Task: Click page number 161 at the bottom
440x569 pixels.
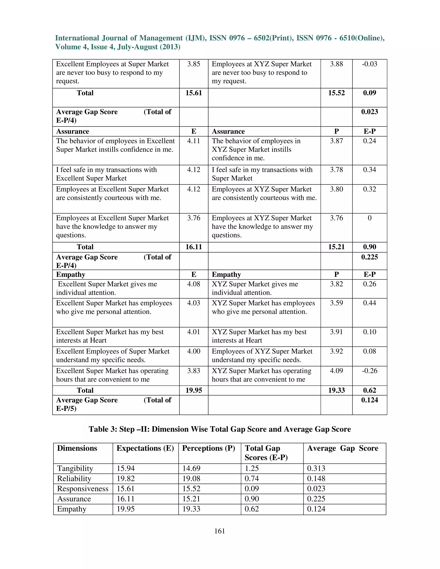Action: (x=220, y=531)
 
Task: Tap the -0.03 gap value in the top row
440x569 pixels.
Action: (x=369, y=64)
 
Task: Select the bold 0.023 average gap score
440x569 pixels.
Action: (x=369, y=112)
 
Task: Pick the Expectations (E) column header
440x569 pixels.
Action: (x=145, y=448)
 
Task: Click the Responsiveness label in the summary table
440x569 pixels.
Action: (x=83, y=489)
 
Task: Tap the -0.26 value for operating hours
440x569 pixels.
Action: (x=369, y=371)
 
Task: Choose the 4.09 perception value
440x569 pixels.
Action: (x=336, y=371)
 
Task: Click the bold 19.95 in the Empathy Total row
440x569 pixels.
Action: (x=194, y=390)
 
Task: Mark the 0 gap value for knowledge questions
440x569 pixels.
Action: (x=369, y=218)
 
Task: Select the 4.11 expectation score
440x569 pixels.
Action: (x=194, y=141)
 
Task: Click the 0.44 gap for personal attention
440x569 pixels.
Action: (x=369, y=303)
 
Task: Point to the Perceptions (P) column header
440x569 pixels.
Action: (x=209, y=448)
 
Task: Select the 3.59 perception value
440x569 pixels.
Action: (x=336, y=303)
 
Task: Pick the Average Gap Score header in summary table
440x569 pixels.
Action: (x=342, y=448)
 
